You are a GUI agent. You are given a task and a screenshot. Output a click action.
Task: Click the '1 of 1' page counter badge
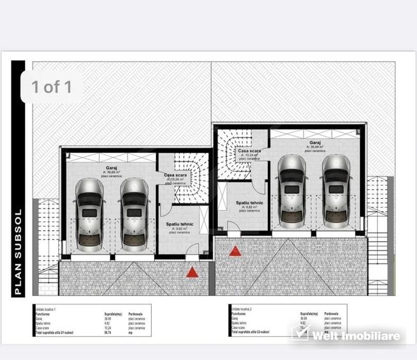tap(51, 86)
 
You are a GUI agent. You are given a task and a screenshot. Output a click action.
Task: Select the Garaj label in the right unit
tap(315, 143)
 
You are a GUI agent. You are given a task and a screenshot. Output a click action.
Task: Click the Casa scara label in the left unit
tap(175, 175)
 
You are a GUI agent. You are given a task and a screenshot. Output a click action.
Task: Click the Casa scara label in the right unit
tap(249, 151)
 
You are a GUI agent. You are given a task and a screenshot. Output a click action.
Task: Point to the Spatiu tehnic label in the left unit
tap(180, 224)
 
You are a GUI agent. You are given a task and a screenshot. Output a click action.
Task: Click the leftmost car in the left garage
tap(90, 214)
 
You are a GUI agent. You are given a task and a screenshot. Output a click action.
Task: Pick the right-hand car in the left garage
tap(134, 214)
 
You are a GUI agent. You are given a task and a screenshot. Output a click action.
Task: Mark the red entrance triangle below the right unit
tap(235, 251)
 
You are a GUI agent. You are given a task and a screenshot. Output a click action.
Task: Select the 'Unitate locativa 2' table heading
tap(242, 308)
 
